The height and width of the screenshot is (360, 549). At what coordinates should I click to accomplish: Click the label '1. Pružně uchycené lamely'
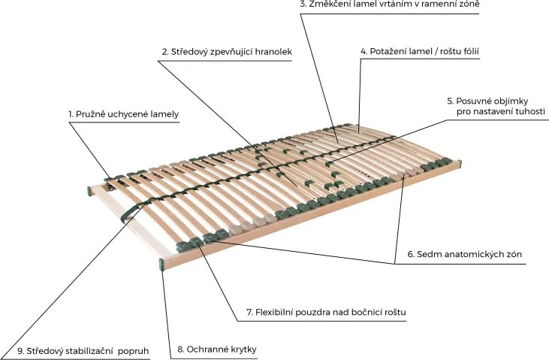pyautogui.click(x=124, y=114)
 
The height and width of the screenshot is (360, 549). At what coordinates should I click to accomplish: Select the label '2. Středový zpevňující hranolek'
pyautogui.click(x=227, y=52)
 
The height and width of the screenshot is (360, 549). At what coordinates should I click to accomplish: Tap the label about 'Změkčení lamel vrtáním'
pyautogui.click(x=390, y=5)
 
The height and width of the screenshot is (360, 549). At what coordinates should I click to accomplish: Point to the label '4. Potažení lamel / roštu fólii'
pyautogui.click(x=420, y=52)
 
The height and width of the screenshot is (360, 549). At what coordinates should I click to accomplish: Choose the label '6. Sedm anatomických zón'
pyautogui.click(x=465, y=254)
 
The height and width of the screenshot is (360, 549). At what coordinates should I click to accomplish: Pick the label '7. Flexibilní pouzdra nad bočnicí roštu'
pyautogui.click(x=326, y=312)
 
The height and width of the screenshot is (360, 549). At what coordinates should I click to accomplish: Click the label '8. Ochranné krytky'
pyautogui.click(x=217, y=349)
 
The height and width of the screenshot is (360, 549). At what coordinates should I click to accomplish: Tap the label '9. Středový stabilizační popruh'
pyautogui.click(x=83, y=351)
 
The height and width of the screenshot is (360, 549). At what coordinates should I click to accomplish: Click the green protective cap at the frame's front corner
pyautogui.click(x=161, y=265)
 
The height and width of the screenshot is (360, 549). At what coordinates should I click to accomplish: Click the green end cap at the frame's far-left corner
pyautogui.click(x=89, y=191)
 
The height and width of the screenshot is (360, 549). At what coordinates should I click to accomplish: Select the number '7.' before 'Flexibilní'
pyautogui.click(x=249, y=312)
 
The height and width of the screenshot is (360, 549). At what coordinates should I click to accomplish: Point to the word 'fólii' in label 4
pyautogui.click(x=470, y=52)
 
